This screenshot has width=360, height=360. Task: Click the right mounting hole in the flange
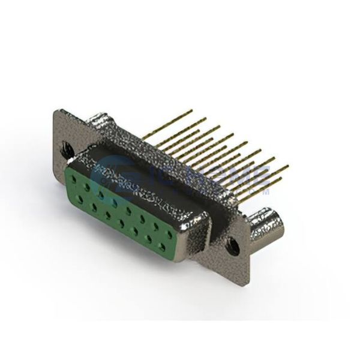click(233, 244)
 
